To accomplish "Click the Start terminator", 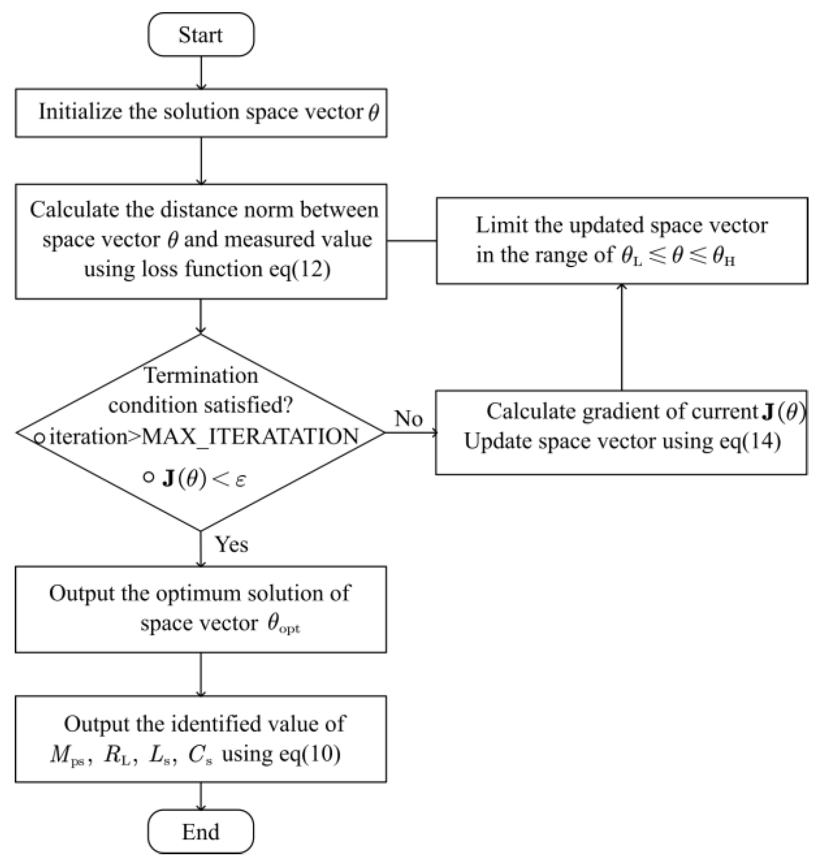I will tap(201, 35).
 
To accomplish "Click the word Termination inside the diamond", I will tap(201, 375).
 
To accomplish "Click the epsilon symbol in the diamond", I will tap(240, 480).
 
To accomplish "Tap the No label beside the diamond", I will tap(408, 419).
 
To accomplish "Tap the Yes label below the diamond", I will tap(231, 545).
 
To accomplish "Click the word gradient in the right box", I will tap(613, 411).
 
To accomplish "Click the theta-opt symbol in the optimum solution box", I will tap(283, 624).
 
